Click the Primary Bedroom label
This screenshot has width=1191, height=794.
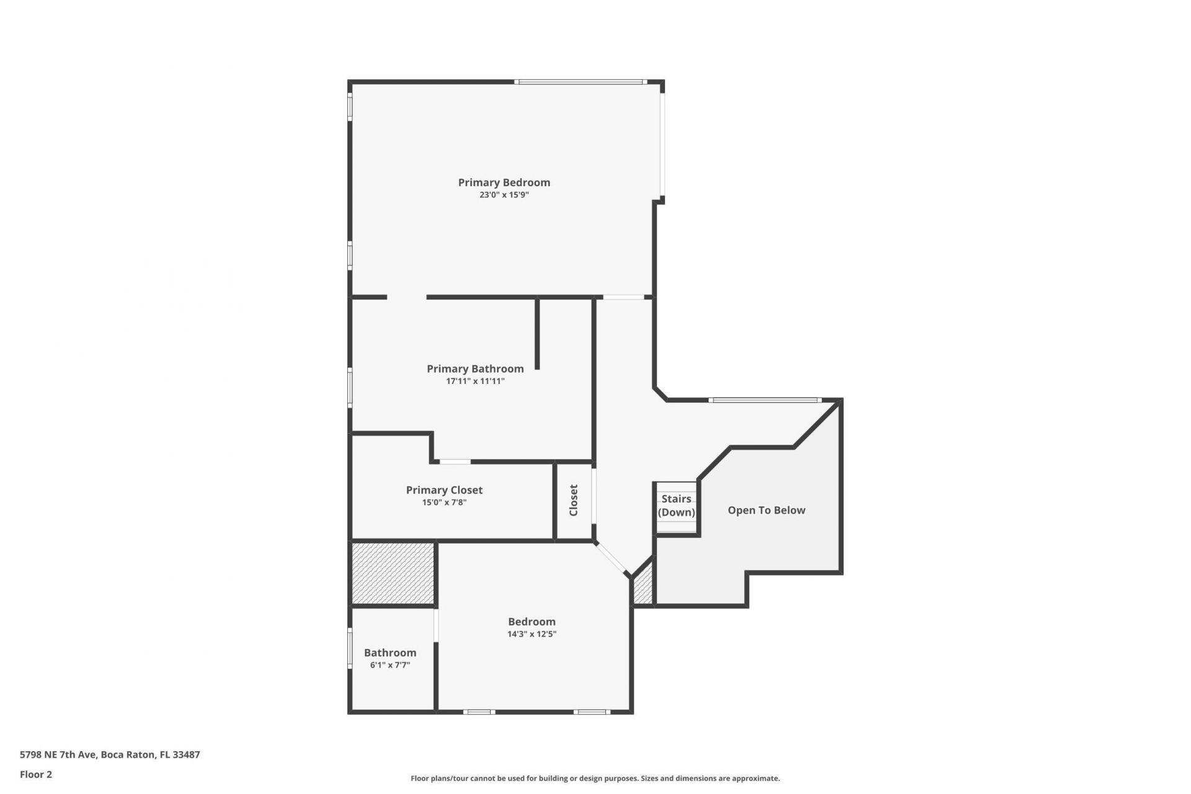(x=504, y=182)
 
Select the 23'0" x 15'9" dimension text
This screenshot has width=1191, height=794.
(x=504, y=195)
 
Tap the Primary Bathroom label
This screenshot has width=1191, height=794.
(x=475, y=368)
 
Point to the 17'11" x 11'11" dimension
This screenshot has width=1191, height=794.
(x=475, y=381)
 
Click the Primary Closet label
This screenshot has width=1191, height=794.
(x=444, y=490)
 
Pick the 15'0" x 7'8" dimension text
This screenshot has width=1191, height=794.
(x=444, y=502)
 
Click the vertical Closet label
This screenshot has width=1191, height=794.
(x=574, y=500)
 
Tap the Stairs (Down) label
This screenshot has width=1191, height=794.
(x=676, y=506)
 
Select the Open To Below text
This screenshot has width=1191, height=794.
(x=766, y=511)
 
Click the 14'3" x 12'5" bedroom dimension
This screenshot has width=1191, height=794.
(x=532, y=634)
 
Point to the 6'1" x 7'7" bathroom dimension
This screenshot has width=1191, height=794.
(x=390, y=665)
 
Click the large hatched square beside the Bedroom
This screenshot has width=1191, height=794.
(x=393, y=573)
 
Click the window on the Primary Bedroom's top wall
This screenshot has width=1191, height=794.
(x=581, y=82)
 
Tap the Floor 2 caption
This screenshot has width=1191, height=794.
(x=36, y=774)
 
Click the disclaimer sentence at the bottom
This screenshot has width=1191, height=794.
(x=595, y=778)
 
